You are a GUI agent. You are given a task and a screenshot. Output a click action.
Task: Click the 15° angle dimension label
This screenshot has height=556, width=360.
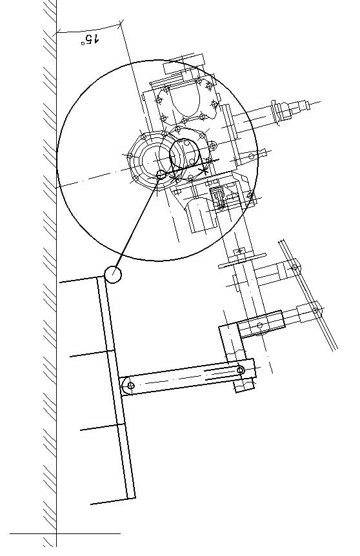(x=90, y=39)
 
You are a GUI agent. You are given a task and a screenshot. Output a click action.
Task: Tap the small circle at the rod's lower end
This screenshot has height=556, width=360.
(x=113, y=275)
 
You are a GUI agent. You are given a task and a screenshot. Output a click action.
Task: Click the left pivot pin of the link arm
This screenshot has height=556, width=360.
(x=130, y=386)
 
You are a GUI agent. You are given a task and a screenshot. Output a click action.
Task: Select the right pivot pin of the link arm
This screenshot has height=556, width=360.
(x=241, y=370)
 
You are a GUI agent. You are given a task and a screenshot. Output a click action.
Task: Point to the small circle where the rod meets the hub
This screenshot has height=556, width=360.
(x=161, y=174)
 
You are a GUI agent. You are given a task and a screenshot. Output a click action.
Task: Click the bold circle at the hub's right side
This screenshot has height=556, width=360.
(x=185, y=155)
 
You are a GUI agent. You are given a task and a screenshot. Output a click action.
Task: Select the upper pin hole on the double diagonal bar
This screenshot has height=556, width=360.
(x=294, y=268)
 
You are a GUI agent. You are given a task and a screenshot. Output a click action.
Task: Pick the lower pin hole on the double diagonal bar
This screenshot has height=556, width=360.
(x=315, y=311)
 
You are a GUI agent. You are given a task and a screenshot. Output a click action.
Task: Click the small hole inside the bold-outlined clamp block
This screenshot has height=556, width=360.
(x=259, y=325)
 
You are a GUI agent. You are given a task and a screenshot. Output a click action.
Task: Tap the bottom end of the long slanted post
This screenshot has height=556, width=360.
(x=131, y=498)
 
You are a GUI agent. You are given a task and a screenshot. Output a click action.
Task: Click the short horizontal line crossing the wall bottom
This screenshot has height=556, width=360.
(x=65, y=533)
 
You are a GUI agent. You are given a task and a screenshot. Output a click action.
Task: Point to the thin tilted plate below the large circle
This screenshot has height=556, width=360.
(x=242, y=261)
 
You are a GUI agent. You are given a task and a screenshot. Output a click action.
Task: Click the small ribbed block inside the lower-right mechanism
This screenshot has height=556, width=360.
(x=219, y=198)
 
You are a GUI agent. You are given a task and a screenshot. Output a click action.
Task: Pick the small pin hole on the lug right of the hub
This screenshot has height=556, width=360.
(x=251, y=156)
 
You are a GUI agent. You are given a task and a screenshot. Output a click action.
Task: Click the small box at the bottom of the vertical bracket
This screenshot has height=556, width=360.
(x=245, y=385)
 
